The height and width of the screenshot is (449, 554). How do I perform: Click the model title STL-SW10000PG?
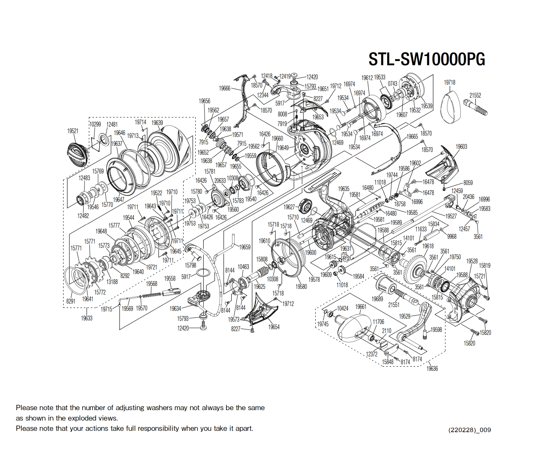[x=426, y=59]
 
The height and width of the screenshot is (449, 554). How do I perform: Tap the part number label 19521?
[x=73, y=131]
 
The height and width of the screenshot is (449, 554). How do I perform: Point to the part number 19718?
[x=449, y=82]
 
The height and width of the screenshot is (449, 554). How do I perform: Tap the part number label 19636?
[x=432, y=368]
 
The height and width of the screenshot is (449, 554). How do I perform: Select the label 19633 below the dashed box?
[x=87, y=318]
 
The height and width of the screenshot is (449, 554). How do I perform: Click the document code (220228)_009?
[x=470, y=430]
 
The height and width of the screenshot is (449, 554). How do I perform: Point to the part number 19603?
[x=461, y=147]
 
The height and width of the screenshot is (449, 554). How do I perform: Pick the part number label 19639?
[x=157, y=123]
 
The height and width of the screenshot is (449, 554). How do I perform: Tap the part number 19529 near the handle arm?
[x=405, y=316]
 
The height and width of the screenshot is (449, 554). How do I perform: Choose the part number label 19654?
[x=274, y=327]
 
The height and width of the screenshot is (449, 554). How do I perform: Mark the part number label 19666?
[x=225, y=88]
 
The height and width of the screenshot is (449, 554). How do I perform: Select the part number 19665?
[x=412, y=137]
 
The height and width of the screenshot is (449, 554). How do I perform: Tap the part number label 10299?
[x=95, y=124]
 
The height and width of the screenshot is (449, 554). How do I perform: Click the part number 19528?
[x=472, y=261]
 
